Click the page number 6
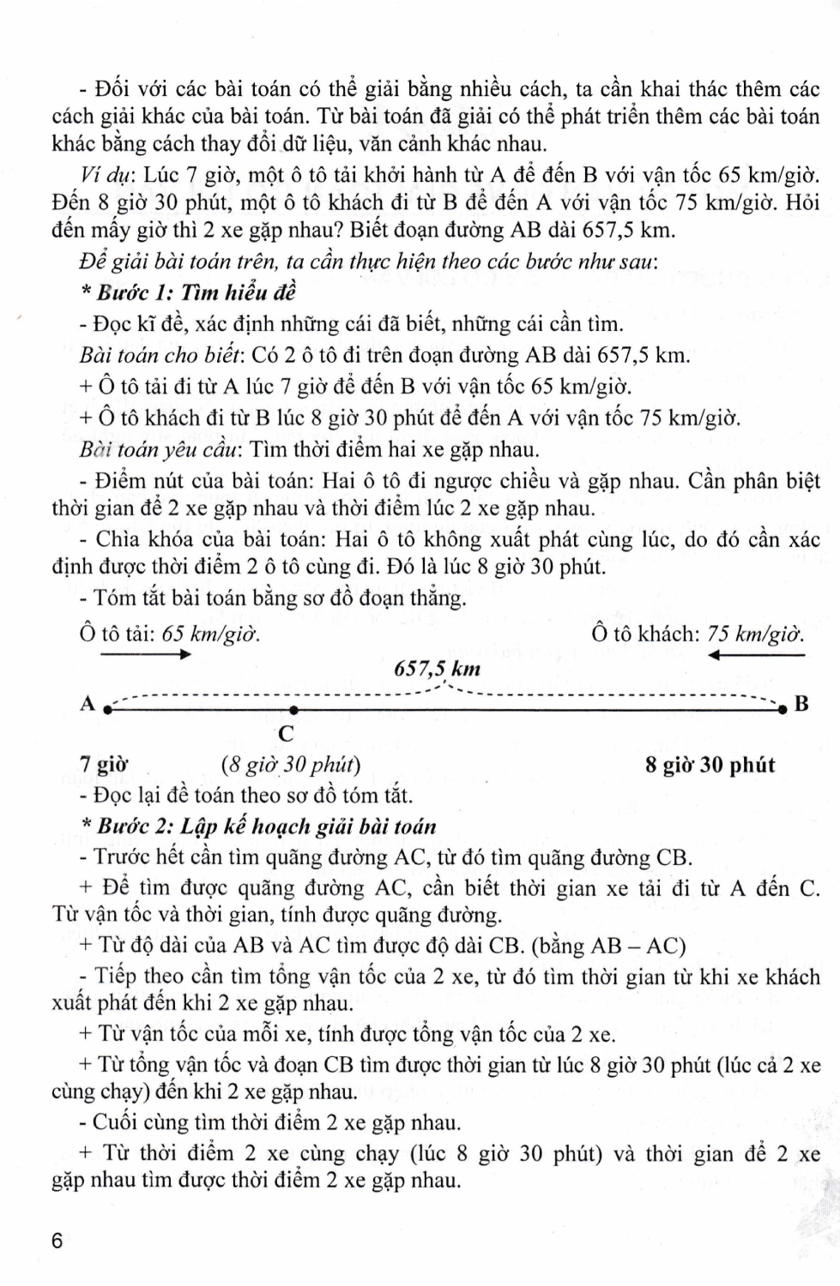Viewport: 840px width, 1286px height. click(x=57, y=1241)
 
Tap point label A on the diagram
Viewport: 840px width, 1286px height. click(x=87, y=704)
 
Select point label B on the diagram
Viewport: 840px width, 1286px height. click(x=801, y=705)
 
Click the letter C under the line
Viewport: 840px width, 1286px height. click(x=287, y=735)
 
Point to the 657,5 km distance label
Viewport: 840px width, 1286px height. click(x=437, y=669)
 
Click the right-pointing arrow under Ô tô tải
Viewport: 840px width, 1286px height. click(x=146, y=655)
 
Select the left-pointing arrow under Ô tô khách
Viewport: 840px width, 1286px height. click(x=757, y=655)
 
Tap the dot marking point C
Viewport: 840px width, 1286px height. click(x=293, y=710)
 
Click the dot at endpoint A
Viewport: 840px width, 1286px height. click(x=107, y=710)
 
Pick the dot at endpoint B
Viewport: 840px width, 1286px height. click(x=783, y=710)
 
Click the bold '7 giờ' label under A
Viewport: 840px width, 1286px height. click(x=103, y=765)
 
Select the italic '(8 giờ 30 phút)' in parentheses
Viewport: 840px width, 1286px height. click(x=291, y=765)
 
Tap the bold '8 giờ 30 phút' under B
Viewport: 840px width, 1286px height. click(x=710, y=765)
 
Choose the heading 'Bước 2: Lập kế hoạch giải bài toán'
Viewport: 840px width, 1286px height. click(x=266, y=826)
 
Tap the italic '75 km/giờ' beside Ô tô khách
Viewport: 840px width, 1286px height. click(x=756, y=634)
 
